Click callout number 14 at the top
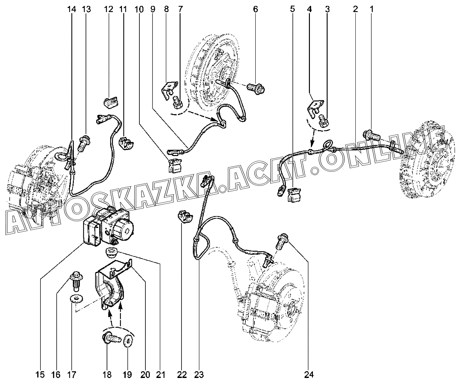[x=72, y=9]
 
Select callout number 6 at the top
[x=255, y=9]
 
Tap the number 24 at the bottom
[x=309, y=375]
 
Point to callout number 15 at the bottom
[x=40, y=375]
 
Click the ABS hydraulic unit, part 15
[x=108, y=227]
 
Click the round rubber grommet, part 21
[x=112, y=253]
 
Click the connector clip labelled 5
[x=294, y=195]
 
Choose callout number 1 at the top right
[x=371, y=9]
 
